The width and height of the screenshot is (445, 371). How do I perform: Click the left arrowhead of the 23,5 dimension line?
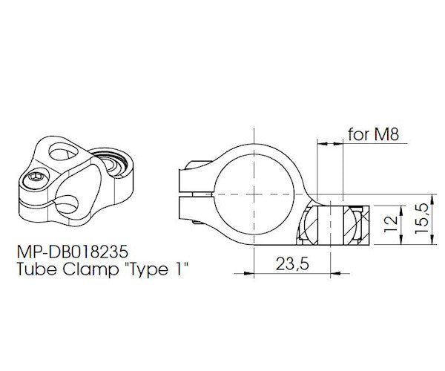click(257, 251)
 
